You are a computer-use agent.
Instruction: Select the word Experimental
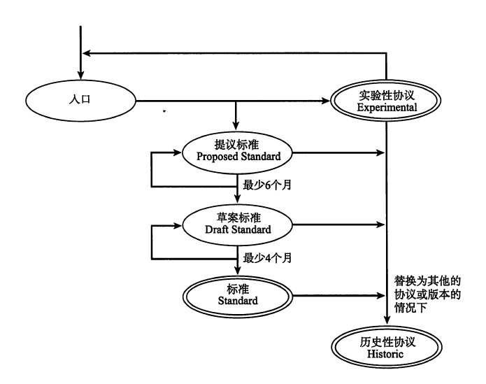[387, 108]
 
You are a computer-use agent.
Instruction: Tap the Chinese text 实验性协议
[387, 96]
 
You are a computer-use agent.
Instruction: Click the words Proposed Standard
[238, 157]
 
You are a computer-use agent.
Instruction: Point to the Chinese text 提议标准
[238, 144]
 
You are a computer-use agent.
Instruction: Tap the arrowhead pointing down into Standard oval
[238, 273]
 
